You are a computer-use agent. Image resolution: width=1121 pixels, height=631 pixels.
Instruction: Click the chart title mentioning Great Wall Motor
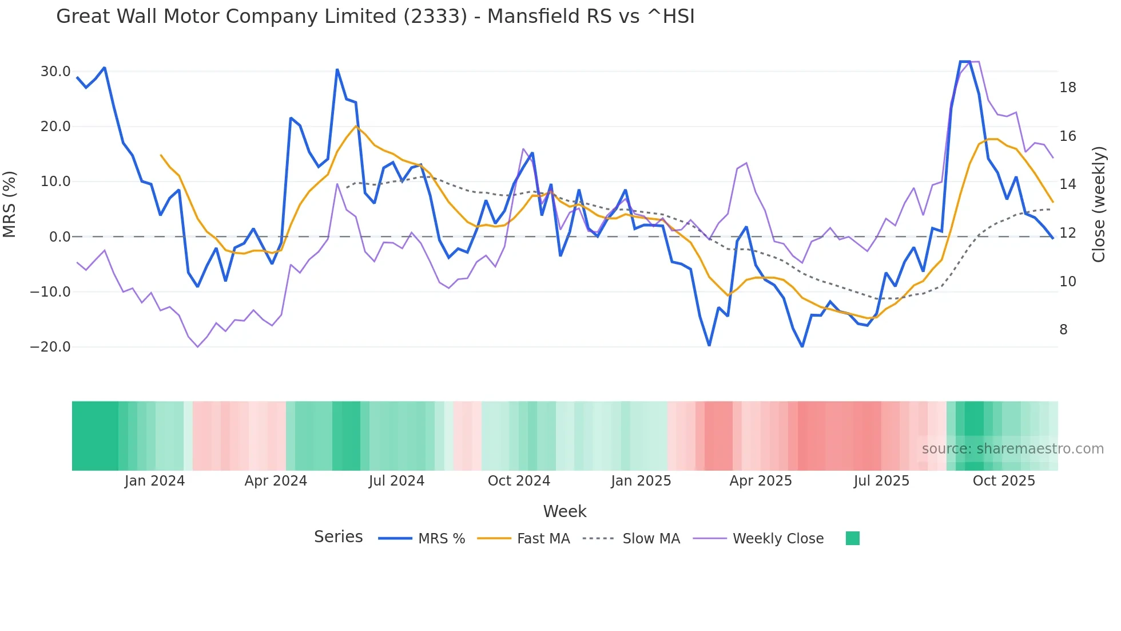click(x=375, y=16)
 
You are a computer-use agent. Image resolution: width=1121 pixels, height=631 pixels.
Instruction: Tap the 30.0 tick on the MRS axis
click(x=55, y=72)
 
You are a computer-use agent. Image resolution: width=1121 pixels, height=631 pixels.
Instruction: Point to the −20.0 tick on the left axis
click(x=50, y=346)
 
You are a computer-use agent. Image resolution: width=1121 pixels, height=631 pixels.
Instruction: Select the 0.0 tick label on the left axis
click(x=59, y=236)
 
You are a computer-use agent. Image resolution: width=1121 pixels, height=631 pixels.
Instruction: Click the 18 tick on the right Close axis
click(x=1067, y=88)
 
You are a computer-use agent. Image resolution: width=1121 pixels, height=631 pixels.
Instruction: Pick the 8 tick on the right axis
click(x=1063, y=330)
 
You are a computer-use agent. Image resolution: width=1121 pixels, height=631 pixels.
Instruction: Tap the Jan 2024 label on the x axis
click(x=154, y=481)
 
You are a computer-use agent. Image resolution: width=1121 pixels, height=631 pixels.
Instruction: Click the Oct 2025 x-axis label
click(x=1004, y=481)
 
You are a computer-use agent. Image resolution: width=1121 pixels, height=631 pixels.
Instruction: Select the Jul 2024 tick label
click(x=396, y=481)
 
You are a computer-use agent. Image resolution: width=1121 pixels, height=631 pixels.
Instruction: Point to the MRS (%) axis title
click(x=10, y=204)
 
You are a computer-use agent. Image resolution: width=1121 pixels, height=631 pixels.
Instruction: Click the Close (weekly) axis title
click(x=1098, y=204)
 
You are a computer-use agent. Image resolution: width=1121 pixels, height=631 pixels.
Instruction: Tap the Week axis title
click(x=565, y=511)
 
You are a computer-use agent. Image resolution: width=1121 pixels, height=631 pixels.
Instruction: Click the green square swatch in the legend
click(x=852, y=538)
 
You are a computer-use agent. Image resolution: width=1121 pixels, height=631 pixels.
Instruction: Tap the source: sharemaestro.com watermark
click(x=1012, y=449)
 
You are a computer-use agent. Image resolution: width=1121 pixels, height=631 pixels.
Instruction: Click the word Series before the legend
click(x=338, y=537)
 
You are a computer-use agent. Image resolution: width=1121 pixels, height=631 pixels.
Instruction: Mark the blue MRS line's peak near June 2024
click(x=337, y=70)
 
